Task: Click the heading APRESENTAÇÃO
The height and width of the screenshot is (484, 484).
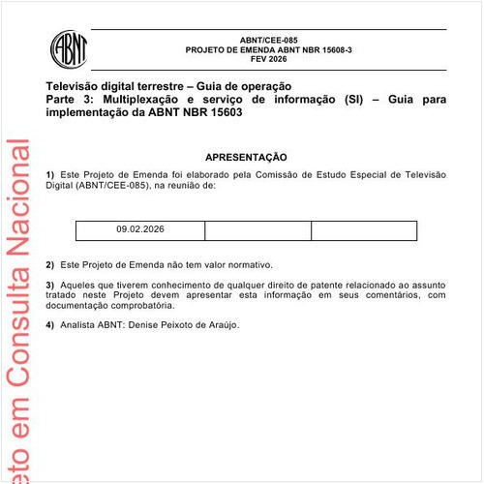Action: point(246,157)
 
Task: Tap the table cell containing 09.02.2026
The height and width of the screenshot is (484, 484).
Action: point(140,230)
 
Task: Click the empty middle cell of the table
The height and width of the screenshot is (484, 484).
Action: point(257,230)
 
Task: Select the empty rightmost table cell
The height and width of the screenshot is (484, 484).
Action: point(363,230)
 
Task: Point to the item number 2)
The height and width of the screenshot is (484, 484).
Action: point(50,264)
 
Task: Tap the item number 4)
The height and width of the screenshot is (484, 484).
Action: point(50,324)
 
